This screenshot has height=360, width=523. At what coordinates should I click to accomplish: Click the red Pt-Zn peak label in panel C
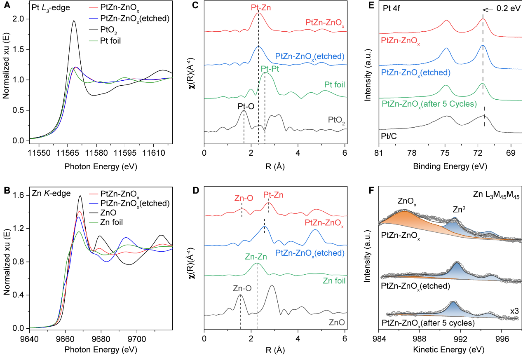(x=258, y=7)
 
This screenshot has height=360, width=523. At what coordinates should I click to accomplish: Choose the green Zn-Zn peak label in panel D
(x=257, y=256)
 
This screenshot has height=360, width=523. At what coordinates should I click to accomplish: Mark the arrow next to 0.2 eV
(x=488, y=8)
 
